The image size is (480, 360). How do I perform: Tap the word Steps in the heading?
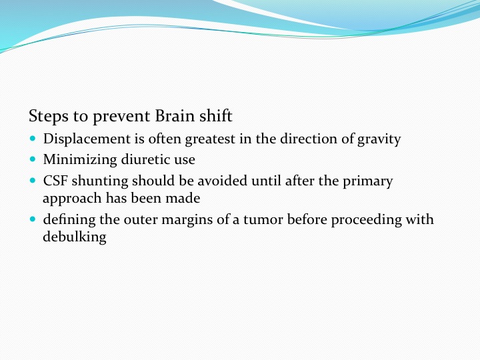pyautogui.click(x=49, y=117)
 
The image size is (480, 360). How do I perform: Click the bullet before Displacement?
pyautogui.click(x=33, y=138)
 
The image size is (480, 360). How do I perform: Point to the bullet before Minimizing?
pyautogui.click(x=33, y=159)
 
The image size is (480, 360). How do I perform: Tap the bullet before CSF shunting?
pyautogui.click(x=33, y=180)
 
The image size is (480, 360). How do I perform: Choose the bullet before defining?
pyautogui.click(x=33, y=219)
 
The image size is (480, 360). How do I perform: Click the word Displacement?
pyautogui.click(x=87, y=139)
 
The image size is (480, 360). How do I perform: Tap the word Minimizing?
pyautogui.click(x=80, y=160)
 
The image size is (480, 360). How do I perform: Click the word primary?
pyautogui.click(x=367, y=181)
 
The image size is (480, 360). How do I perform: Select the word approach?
pyautogui.click(x=72, y=199)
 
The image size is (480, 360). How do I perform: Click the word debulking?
pyautogui.click(x=75, y=237)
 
